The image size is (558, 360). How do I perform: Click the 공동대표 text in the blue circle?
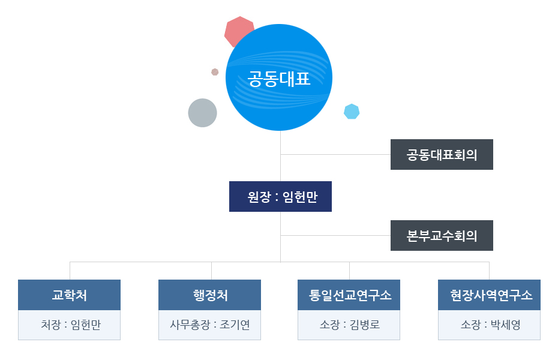[x=279, y=79]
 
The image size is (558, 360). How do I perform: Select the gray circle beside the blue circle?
[x=202, y=113]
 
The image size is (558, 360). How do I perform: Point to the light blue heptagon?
[x=352, y=112]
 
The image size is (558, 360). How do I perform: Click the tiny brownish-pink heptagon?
[x=215, y=72]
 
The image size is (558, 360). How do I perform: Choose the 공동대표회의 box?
[x=442, y=154]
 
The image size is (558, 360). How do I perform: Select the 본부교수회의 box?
[x=442, y=235]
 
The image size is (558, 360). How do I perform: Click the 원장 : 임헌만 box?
[x=280, y=196]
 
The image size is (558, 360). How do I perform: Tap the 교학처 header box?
[x=70, y=295]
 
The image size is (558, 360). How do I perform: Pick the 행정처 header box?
[x=209, y=295]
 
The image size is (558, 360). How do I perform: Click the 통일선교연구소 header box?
[x=349, y=295]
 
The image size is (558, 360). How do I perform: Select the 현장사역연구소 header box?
[x=490, y=295]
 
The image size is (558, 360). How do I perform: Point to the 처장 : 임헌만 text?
[x=71, y=325]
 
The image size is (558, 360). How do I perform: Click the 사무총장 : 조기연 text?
[x=210, y=325]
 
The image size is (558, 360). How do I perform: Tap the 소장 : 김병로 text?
[x=350, y=325]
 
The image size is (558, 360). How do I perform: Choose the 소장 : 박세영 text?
[x=490, y=325]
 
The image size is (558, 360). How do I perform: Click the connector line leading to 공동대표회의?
[x=335, y=154]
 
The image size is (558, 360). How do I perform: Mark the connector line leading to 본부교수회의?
[x=335, y=235]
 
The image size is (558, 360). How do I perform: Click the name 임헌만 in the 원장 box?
[x=300, y=197]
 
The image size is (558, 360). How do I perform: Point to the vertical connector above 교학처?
[x=70, y=271]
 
